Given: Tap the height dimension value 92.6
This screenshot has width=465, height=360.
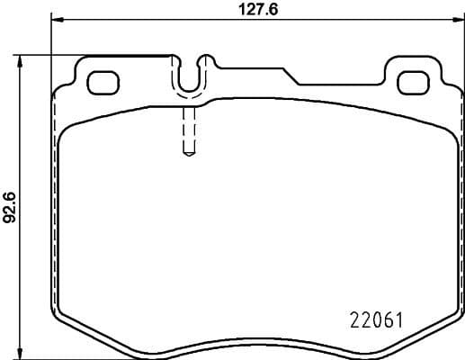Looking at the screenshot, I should [x=10, y=205].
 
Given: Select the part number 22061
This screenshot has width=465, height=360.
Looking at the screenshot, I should [x=374, y=319].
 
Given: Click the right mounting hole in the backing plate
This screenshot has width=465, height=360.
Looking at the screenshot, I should [x=413, y=79].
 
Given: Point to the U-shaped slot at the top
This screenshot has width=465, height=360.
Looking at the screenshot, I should [x=189, y=78].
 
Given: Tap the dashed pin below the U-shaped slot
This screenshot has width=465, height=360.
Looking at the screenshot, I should [x=188, y=130].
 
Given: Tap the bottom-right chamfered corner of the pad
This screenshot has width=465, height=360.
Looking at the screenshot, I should [x=441, y=324].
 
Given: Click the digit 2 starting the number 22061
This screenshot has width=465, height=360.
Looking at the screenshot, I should [x=353, y=319].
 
